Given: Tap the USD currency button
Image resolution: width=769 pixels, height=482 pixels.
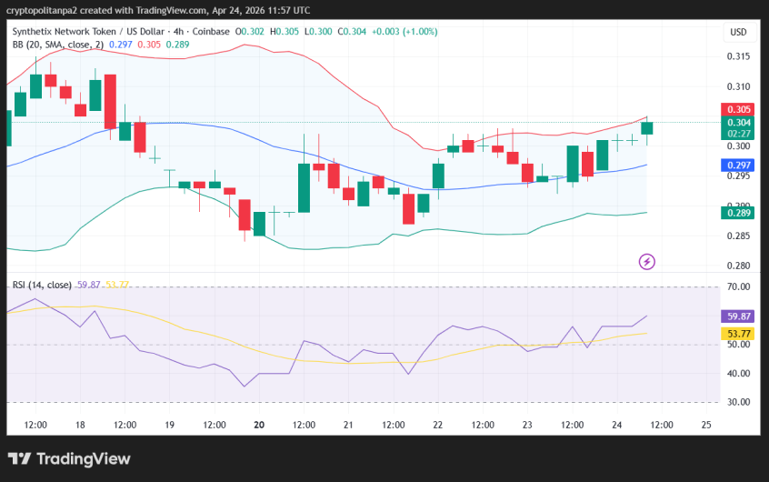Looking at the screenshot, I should point(738,33).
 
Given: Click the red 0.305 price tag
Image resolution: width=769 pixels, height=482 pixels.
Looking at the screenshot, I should point(738,109).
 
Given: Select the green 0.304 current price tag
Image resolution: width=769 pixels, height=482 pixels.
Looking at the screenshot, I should point(738,123).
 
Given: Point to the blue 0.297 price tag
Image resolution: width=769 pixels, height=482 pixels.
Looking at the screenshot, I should point(738,165).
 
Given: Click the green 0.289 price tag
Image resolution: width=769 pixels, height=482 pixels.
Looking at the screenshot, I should point(738,213).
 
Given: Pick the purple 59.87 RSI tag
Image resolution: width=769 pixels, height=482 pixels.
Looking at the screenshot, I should point(738,316).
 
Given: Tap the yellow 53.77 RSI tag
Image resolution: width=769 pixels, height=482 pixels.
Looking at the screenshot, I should point(738,334).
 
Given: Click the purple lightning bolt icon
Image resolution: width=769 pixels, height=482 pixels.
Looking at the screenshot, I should point(647,262).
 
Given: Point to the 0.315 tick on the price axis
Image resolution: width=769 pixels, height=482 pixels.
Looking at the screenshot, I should point(737,56).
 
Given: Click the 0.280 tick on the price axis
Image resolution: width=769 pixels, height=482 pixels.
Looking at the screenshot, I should point(737,266).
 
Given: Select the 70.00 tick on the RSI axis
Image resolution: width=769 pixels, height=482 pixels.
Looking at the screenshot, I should point(737,287).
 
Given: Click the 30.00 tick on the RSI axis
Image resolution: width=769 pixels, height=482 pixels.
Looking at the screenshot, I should point(737,402).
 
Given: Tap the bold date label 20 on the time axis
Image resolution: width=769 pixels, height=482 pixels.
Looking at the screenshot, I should point(259,425).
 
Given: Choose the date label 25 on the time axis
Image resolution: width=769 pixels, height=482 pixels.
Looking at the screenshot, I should point(706,425).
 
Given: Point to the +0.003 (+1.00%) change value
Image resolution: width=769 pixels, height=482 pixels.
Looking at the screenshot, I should point(405,31).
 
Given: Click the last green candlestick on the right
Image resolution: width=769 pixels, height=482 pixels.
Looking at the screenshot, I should point(647,127).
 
